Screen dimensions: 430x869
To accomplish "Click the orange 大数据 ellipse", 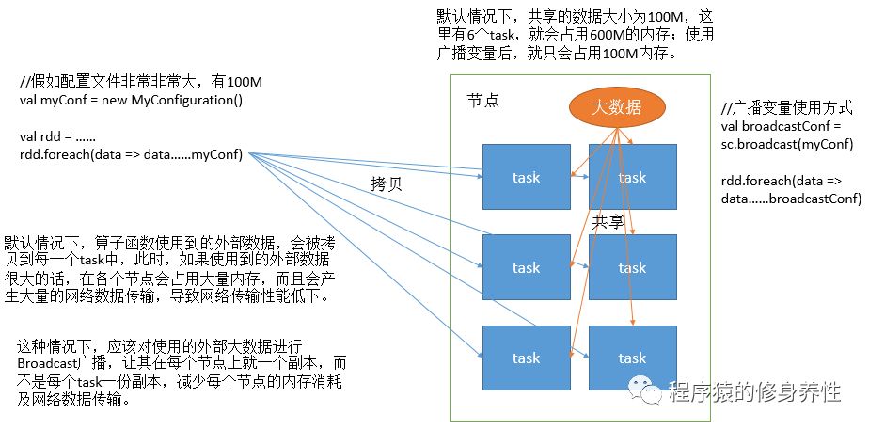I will [x=615, y=107].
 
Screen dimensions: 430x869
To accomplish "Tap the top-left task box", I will [x=526, y=176].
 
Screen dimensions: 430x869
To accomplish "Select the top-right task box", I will [x=632, y=176].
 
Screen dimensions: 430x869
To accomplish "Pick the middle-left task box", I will [x=526, y=267].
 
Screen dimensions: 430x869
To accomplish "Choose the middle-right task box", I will [x=632, y=267].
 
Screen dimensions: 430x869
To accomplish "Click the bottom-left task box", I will [x=526, y=358].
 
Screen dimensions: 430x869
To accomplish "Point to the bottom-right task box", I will [x=632, y=358].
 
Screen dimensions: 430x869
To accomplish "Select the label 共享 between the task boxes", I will [x=608, y=221].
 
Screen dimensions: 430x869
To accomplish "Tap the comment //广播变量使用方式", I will [x=782, y=108].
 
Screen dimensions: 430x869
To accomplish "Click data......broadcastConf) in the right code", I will [x=791, y=198].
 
